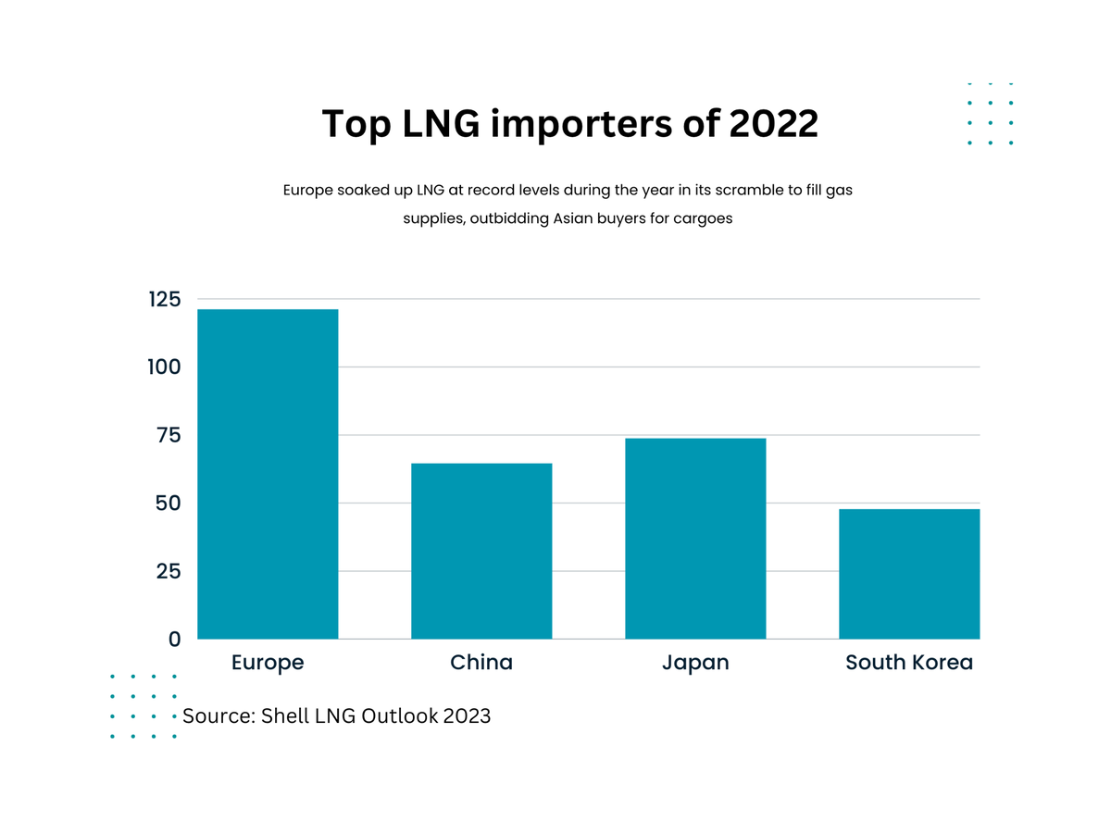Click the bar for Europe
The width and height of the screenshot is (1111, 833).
[x=268, y=474]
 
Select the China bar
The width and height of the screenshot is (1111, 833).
[x=481, y=551]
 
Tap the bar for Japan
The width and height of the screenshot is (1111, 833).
[x=695, y=539]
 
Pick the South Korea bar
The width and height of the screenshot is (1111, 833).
[x=909, y=574]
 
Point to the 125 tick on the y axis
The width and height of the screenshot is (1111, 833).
[x=163, y=299]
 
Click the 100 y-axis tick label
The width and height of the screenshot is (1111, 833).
[x=163, y=367]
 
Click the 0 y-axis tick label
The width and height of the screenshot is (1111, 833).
[x=174, y=640]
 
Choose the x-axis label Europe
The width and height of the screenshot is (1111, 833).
[x=268, y=663]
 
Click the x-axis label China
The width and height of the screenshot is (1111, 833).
[x=481, y=663]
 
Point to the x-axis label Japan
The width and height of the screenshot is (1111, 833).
[x=695, y=663]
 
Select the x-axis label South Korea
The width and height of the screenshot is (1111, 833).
[x=909, y=663]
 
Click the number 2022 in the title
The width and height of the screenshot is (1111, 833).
[x=773, y=124]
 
